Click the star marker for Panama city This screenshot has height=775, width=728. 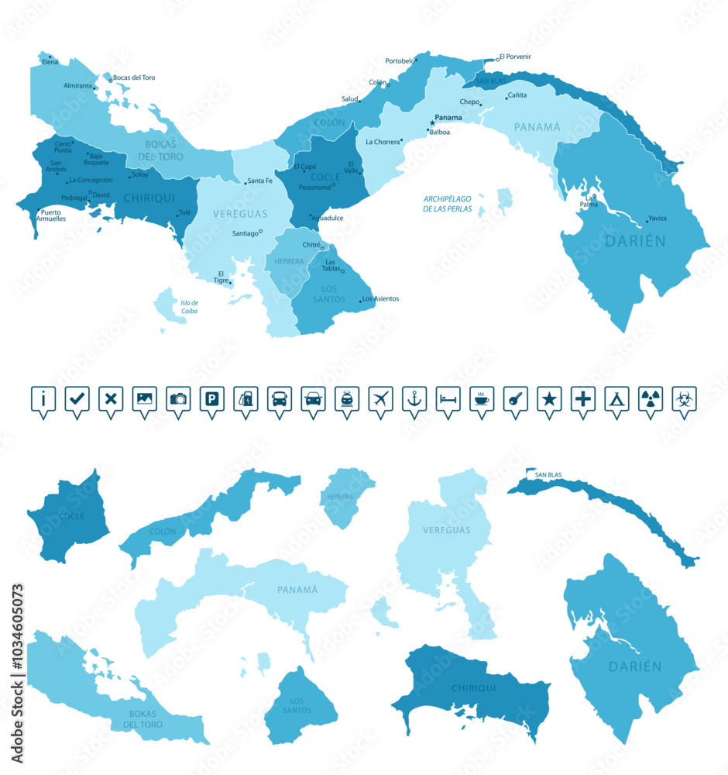(x=432, y=122)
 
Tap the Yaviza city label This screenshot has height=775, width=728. (x=658, y=219)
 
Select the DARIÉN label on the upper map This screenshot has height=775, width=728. (x=636, y=241)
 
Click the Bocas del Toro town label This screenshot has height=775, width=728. (x=134, y=77)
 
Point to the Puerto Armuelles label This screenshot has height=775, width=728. (x=53, y=215)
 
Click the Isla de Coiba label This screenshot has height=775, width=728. (x=189, y=307)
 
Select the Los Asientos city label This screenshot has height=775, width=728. (x=381, y=298)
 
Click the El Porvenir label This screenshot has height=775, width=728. (x=515, y=57)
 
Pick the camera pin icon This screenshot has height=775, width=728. (x=178, y=399)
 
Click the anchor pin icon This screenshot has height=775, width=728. (x=414, y=399)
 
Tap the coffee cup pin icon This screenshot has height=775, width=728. (x=482, y=399)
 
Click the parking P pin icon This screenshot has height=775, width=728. (x=211, y=399)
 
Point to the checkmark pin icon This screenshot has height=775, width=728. (x=77, y=399)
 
